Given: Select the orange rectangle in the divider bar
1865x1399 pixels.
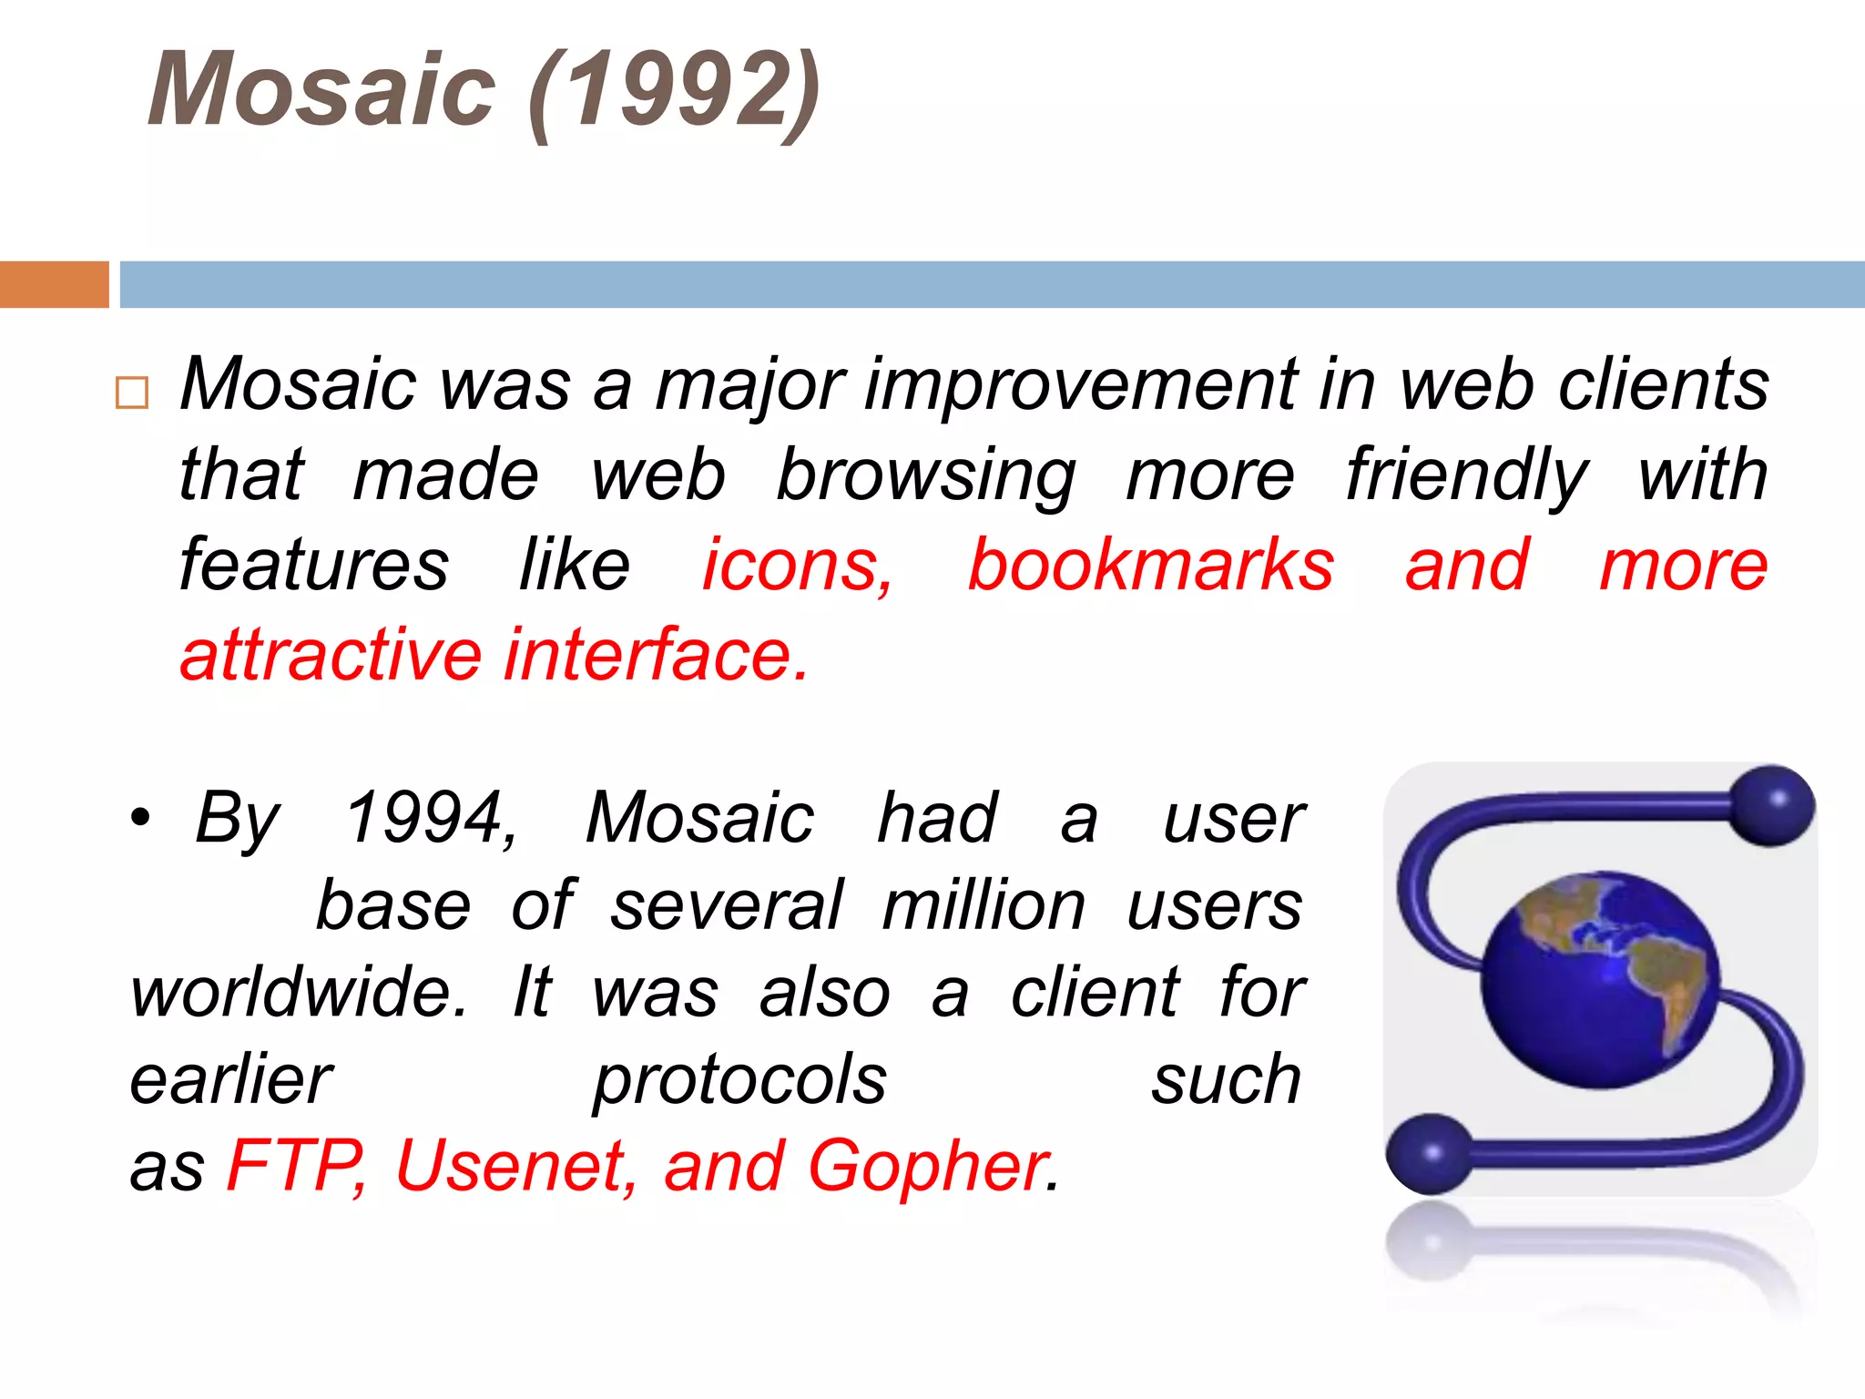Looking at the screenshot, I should (54, 284).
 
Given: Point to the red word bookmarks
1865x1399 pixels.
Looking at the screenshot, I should (1150, 566).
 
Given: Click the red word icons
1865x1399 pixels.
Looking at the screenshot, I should (797, 566).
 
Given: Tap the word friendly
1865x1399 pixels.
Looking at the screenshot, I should (1466, 476).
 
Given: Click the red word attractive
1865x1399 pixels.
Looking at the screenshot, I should (330, 655).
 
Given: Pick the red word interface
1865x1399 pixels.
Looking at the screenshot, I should (656, 655).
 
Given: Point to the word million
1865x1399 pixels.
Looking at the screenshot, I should (983, 906).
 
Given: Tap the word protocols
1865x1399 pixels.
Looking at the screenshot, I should (739, 1080).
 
